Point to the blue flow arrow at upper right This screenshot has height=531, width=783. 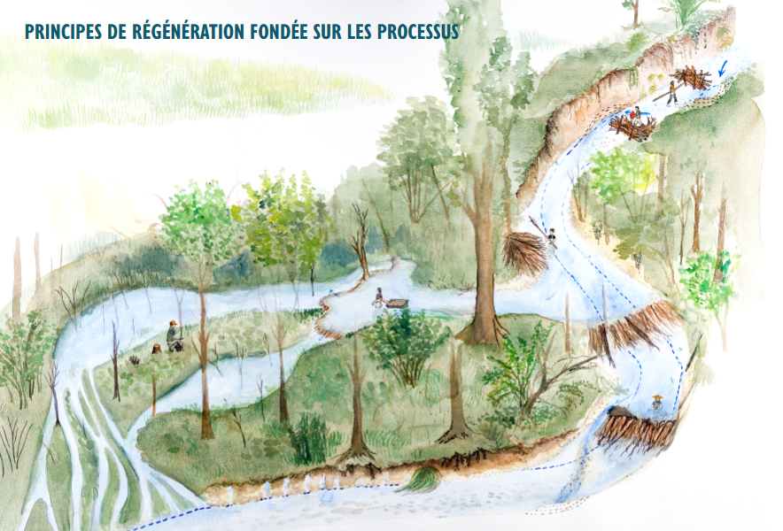(x=722, y=68)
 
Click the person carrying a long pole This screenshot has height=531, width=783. (x=671, y=91)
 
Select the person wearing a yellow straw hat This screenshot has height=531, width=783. (x=656, y=403)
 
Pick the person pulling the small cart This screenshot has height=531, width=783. (x=378, y=297)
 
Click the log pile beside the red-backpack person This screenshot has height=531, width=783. (x=631, y=129)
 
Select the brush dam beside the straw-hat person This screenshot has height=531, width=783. (x=634, y=430)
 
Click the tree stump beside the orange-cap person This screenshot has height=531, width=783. (x=157, y=350)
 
